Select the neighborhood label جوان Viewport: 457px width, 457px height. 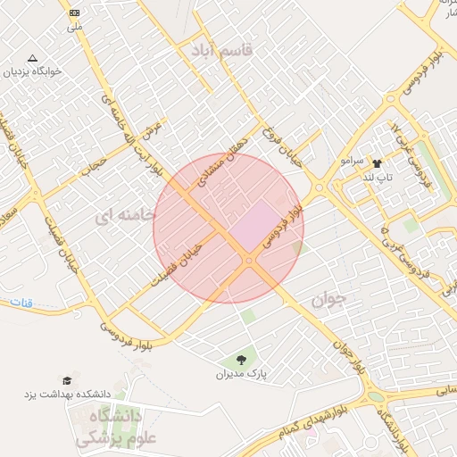click(x=328, y=301)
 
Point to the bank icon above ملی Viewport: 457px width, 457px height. click(x=73, y=13)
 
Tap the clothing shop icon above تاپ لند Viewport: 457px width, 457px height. click(x=377, y=164)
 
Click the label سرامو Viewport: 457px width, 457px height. click(x=353, y=162)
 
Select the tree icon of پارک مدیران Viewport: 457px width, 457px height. click(x=241, y=360)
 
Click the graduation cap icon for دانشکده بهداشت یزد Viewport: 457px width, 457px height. click(x=68, y=381)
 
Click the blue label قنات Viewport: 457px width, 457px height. click(x=21, y=303)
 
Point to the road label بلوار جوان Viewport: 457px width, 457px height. click(x=348, y=353)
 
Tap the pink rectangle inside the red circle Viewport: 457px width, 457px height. click(x=258, y=223)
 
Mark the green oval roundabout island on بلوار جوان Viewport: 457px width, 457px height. click(x=375, y=396)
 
